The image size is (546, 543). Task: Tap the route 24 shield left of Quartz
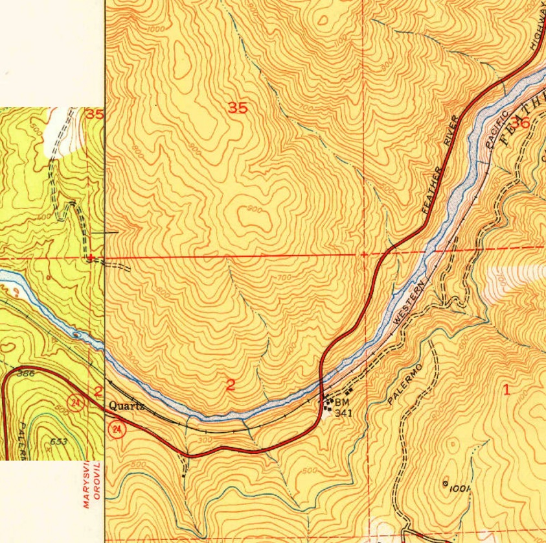pos(76,403)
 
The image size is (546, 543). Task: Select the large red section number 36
pos(519,121)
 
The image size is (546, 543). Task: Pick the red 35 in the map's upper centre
pos(238,108)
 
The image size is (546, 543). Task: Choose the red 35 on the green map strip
pos(95,115)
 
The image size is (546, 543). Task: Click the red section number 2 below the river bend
pos(230,385)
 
